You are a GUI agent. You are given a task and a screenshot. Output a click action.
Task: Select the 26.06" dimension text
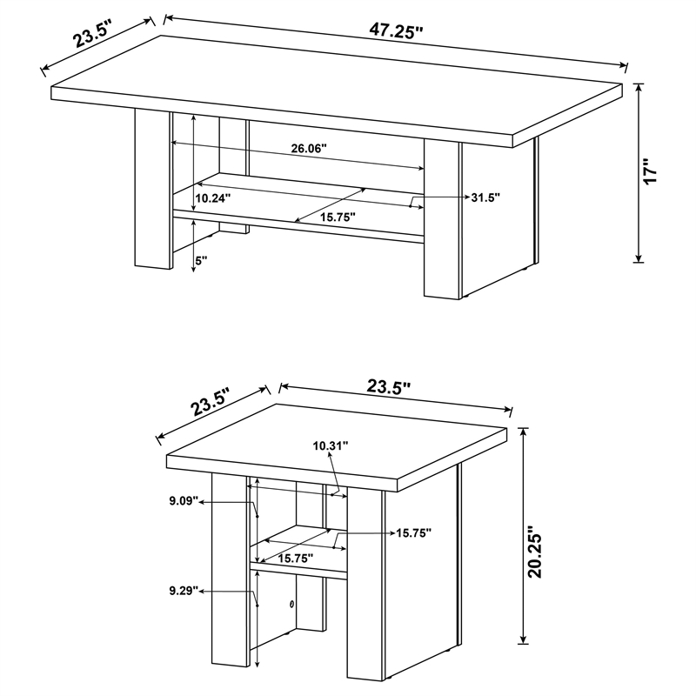[x=308, y=149]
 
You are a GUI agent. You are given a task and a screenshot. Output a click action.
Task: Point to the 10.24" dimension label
[x=212, y=198]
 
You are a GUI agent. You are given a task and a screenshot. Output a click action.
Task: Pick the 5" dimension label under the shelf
[x=201, y=259]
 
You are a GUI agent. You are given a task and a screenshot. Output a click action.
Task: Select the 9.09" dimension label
[x=184, y=501]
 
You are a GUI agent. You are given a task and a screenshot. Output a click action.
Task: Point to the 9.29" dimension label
[x=184, y=592]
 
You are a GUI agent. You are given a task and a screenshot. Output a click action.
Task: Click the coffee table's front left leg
[x=152, y=191]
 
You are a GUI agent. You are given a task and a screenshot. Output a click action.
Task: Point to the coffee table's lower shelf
[x=296, y=213]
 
